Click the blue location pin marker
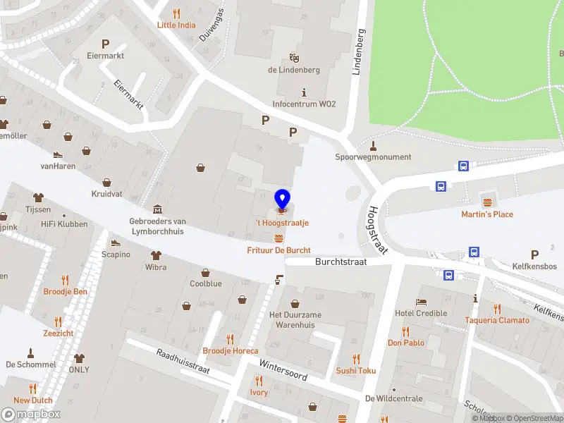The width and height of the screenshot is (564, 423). tap(283, 200)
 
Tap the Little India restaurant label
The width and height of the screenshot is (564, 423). tap(176, 25)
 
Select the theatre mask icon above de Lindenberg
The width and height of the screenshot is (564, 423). tap(294, 57)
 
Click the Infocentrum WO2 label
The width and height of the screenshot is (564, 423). tap(304, 104)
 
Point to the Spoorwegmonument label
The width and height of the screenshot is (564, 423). tap(373, 157)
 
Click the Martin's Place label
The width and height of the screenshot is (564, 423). tap(487, 214)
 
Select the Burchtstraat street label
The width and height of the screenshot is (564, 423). tap(341, 261)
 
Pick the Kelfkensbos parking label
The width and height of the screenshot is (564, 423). tap(534, 266)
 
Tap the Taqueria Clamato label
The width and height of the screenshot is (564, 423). tap(497, 320)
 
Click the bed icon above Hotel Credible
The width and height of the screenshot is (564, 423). tap(422, 302)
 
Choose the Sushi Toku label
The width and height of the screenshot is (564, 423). tap(356, 370)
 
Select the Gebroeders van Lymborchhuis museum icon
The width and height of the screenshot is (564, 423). tap(157, 209)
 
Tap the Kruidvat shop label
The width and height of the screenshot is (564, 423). tap(106, 193)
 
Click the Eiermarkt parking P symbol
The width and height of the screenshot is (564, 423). tap(106, 44)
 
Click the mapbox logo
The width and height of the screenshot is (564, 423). tap(31, 415)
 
